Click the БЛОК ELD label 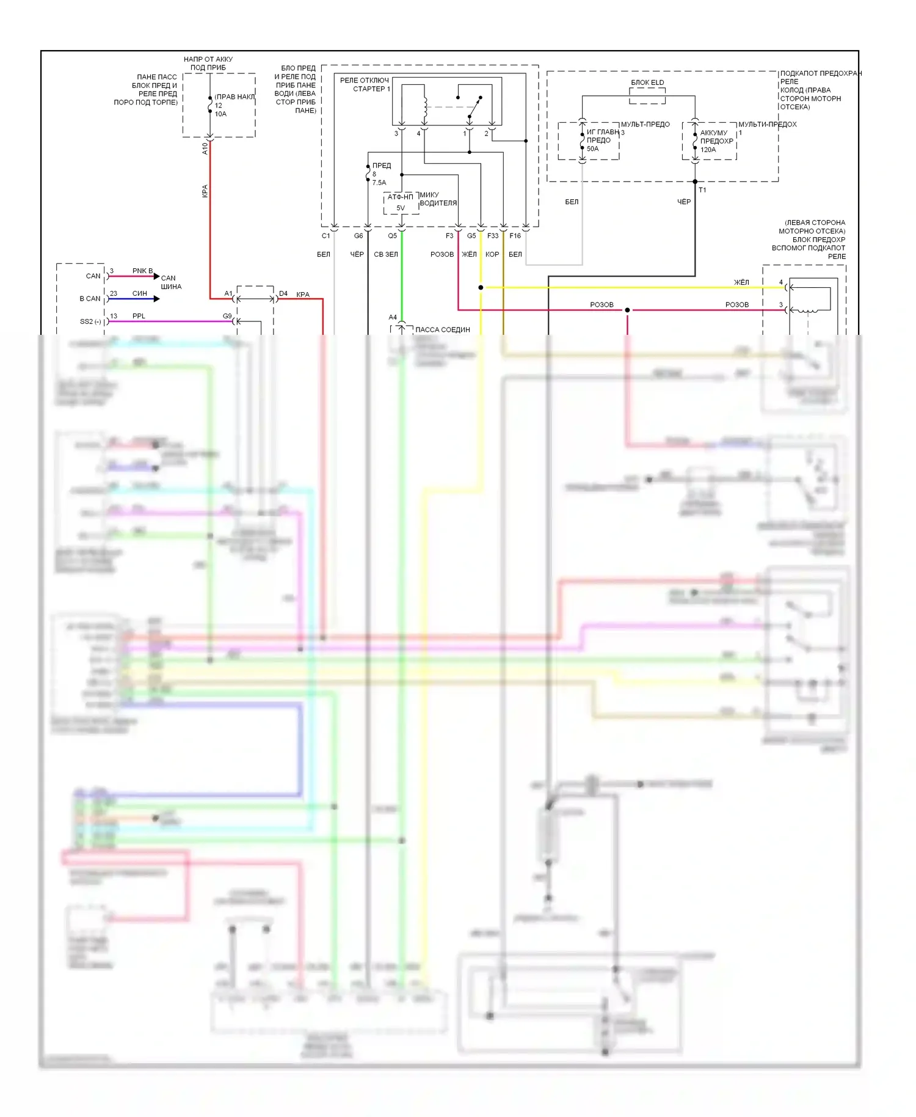(647, 82)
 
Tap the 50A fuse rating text (592, 149)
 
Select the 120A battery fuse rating (708, 150)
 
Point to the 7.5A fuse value (379, 183)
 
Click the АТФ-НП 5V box (401, 203)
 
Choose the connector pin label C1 (325, 236)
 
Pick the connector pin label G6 (358, 236)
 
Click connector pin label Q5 (392, 236)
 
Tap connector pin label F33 (493, 236)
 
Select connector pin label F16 (515, 236)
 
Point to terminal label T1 (702, 190)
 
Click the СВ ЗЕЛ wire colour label (386, 255)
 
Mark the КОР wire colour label (492, 255)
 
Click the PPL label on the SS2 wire (139, 316)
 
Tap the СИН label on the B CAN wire (140, 293)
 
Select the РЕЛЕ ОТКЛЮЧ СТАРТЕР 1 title (365, 84)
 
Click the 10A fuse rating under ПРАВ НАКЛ (220, 114)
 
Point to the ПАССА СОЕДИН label (443, 330)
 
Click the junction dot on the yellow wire (481, 287)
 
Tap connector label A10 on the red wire (205, 148)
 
